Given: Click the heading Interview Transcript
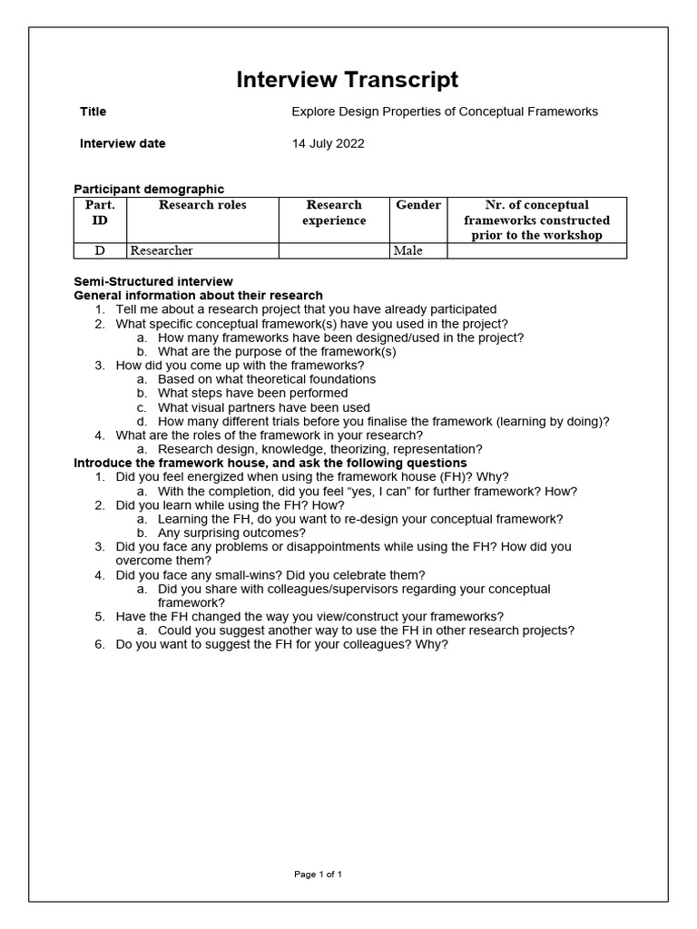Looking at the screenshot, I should tap(348, 80).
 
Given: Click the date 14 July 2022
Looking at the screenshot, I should tap(328, 143).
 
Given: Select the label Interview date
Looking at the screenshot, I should tap(123, 143).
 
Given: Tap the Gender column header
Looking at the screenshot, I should tap(418, 205).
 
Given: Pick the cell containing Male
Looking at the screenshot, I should tap(407, 250).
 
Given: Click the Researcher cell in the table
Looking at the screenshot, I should tap(162, 250).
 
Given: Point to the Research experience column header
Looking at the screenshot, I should tap(334, 212).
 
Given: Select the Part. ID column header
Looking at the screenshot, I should tap(100, 212).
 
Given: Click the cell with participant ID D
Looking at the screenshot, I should tap(100, 250).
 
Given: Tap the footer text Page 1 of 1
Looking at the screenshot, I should tap(318, 875).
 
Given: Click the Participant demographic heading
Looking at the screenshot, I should tap(149, 189).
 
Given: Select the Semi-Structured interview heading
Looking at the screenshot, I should tap(152, 281).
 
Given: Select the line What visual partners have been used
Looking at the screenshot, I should tap(263, 407).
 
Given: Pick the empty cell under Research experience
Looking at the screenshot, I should tap(334, 250).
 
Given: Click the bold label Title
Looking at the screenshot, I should tap(93, 112).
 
